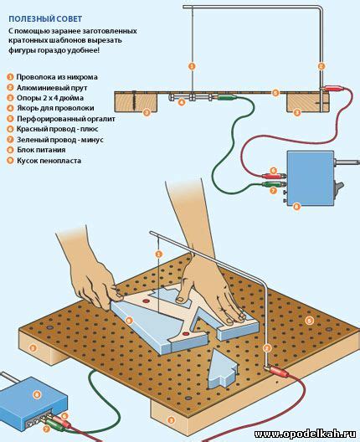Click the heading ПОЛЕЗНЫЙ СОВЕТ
pyautogui.click(x=45, y=19)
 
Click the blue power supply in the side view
pyautogui.click(x=310, y=178)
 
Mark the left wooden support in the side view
pyautogui.click(x=136, y=102)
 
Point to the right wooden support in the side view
pyautogui.click(x=308, y=103)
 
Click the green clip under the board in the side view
pyautogui.click(x=227, y=98)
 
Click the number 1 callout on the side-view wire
pyautogui.click(x=192, y=66)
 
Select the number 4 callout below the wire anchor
pyautogui.click(x=182, y=102)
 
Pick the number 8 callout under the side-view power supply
pyautogui.click(x=296, y=206)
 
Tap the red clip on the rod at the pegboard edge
pyautogui.click(x=277, y=371)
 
